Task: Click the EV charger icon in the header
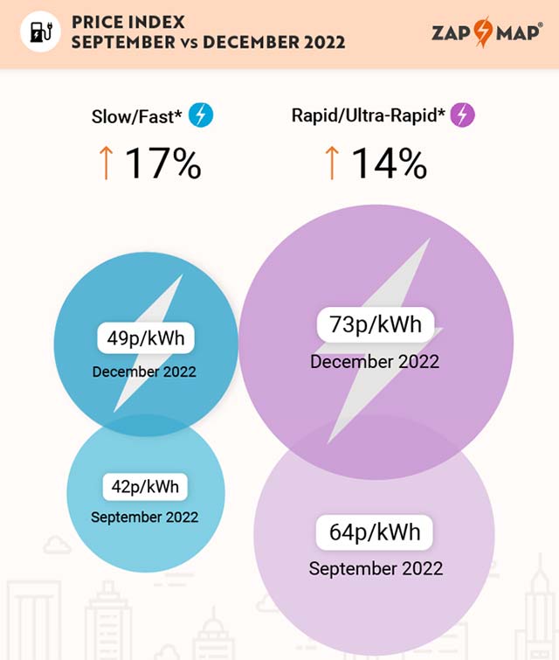[40, 31]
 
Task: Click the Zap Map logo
[487, 33]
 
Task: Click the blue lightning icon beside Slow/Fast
[201, 115]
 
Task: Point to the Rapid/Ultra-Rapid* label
[369, 115]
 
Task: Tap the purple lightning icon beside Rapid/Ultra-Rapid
[463, 115]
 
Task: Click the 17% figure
[162, 163]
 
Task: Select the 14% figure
[389, 163]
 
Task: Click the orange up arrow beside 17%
[107, 163]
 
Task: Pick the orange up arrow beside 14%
[332, 163]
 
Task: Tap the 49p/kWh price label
[145, 338]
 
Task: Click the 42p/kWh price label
[144, 486]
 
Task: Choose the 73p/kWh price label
[375, 325]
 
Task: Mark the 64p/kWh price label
[375, 531]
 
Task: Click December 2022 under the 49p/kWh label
[144, 372]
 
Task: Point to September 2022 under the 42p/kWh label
[144, 517]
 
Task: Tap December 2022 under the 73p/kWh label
[375, 361]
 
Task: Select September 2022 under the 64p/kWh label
[376, 568]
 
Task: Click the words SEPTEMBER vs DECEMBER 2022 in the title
[208, 42]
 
